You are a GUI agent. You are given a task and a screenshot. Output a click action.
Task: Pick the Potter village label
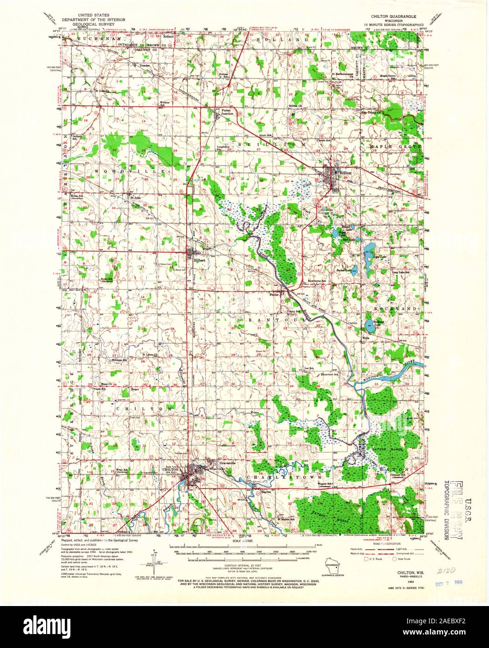click(x=275, y=294)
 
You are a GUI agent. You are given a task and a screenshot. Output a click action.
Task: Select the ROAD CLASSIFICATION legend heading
click(x=382, y=544)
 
